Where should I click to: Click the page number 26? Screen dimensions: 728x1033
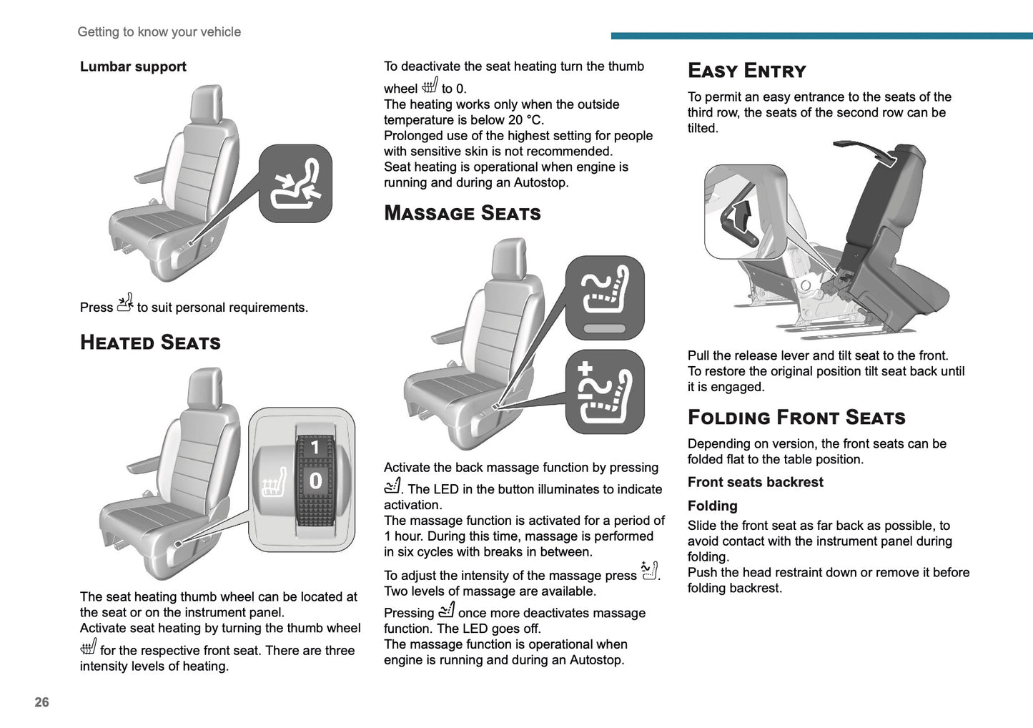42,702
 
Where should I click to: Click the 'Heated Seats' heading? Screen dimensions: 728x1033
150,343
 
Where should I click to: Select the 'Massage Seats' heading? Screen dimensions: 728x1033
462,213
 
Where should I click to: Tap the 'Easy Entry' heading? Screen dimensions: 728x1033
746,71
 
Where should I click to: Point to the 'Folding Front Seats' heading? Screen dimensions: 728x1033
796,418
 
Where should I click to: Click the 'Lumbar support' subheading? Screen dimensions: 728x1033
133,67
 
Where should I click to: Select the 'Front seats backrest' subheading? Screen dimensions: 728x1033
755,482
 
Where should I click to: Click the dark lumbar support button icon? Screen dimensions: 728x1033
295,184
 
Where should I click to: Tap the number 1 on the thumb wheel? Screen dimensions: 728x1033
315,448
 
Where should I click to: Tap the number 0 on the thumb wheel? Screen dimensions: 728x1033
315,481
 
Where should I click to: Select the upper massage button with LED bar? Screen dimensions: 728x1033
605,297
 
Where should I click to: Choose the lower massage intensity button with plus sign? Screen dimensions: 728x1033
605,391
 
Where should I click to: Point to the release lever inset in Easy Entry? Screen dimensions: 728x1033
745,212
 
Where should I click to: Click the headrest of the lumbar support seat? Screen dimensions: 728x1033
207,104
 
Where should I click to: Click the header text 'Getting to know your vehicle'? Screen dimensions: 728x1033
159,32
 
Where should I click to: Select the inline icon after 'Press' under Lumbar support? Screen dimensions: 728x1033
125,304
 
